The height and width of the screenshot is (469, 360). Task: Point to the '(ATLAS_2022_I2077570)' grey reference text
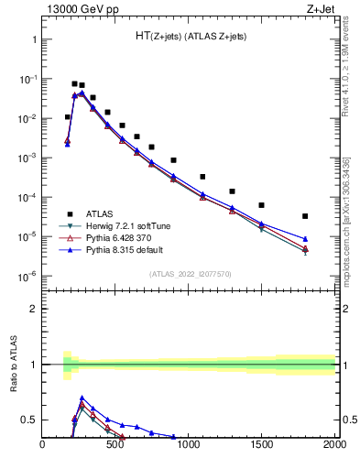(191, 273)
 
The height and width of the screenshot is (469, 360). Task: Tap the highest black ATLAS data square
(74, 83)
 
